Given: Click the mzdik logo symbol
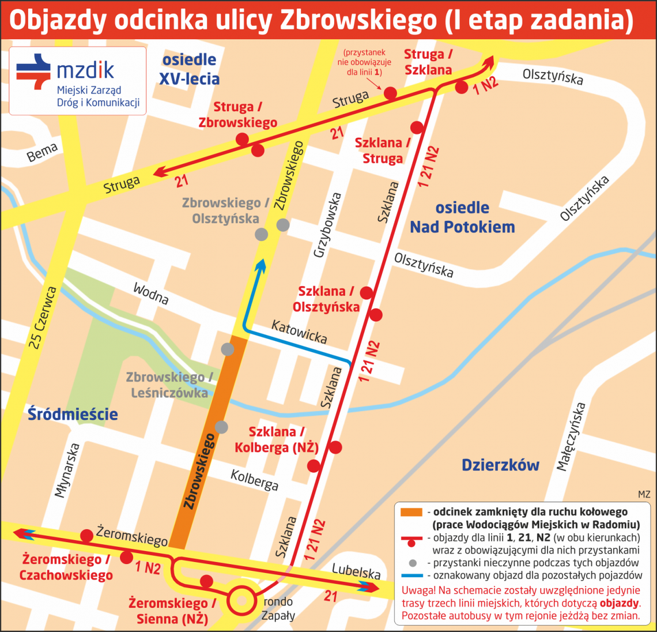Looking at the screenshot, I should (x=33, y=71).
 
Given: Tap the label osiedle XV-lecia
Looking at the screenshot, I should (x=189, y=69).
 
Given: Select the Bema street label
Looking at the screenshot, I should (x=43, y=153).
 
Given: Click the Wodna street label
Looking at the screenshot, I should (x=151, y=294).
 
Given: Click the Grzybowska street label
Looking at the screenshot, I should (x=327, y=225).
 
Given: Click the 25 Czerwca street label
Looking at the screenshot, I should (x=44, y=317).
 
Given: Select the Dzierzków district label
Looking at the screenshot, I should (x=500, y=465).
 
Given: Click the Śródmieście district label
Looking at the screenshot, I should (x=73, y=414).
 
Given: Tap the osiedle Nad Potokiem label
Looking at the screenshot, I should (x=462, y=217).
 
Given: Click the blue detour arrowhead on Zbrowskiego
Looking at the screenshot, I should (x=260, y=265).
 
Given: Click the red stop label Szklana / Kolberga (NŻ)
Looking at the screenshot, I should (x=277, y=439).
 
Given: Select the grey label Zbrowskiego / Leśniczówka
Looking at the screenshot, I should (x=169, y=385).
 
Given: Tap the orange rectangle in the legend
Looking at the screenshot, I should (x=411, y=512).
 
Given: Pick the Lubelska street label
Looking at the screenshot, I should (x=356, y=571).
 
